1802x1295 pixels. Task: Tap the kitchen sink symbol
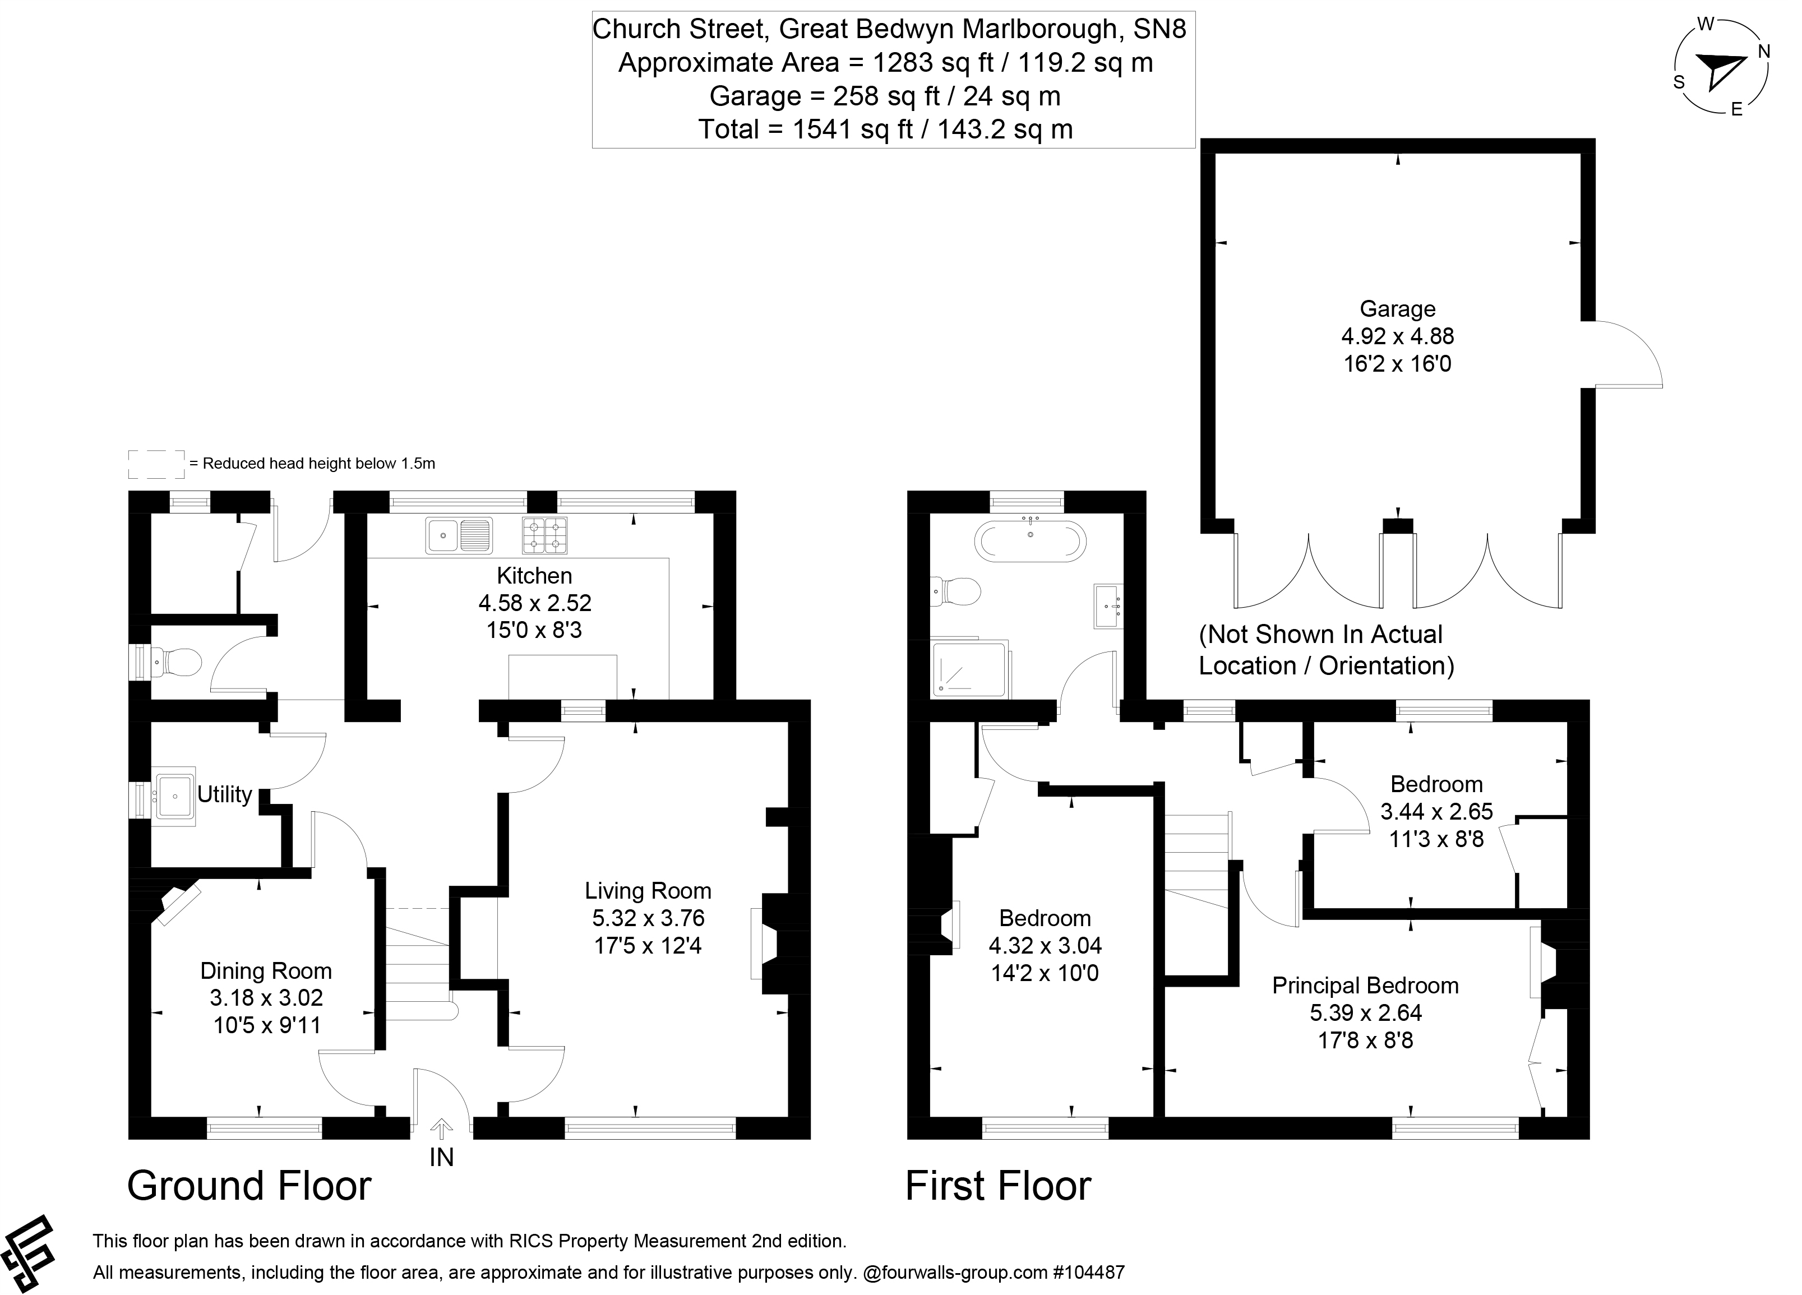(459, 535)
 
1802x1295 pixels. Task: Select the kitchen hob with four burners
(544, 535)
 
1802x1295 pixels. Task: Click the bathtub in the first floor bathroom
(1030, 543)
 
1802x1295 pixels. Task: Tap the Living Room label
(648, 891)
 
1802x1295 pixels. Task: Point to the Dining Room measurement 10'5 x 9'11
(267, 1025)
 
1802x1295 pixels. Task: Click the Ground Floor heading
(249, 1186)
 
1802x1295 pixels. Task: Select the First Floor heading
(998, 1186)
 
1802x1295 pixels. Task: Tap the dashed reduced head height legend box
(156, 464)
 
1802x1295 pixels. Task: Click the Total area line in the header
(885, 129)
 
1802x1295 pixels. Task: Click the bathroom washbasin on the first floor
(1107, 606)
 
